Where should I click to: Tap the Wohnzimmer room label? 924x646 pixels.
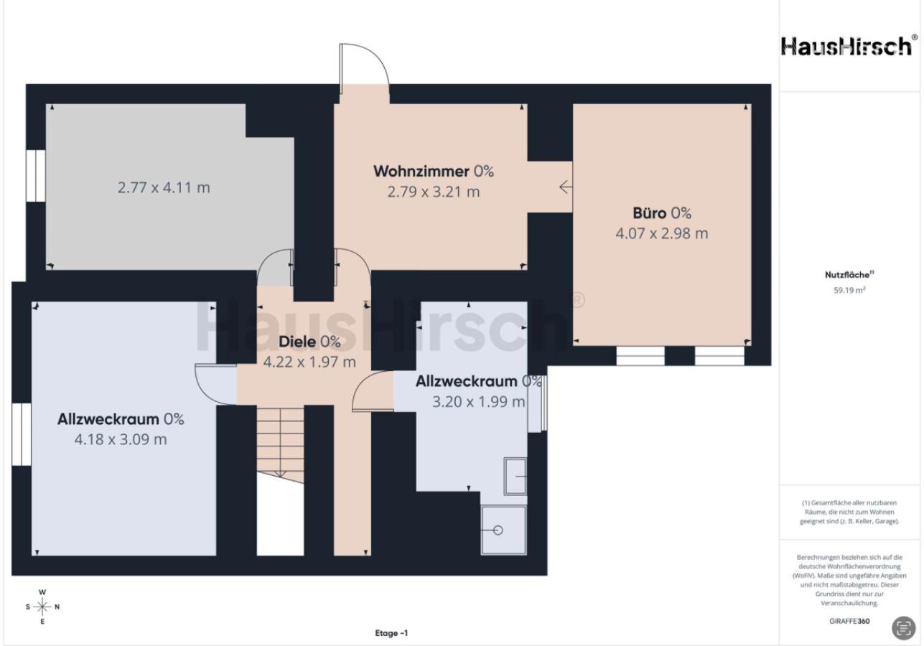421,172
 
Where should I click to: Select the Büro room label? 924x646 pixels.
650,213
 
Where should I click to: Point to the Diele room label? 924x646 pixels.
297,342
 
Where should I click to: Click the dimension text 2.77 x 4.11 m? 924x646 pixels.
164,187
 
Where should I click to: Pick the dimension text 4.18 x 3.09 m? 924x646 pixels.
121,439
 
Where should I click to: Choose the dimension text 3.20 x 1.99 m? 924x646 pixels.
478,401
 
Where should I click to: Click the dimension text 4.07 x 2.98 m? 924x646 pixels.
662,233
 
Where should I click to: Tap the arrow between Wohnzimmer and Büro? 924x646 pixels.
566,187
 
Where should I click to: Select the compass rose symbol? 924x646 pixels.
42,607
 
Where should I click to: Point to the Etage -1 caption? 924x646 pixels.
391,633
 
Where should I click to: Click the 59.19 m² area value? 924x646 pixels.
849,290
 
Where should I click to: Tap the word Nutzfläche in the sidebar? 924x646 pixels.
847,275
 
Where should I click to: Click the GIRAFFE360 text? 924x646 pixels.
849,621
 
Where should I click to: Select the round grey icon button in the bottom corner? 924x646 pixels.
903,628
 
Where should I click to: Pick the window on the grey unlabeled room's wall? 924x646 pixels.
35,176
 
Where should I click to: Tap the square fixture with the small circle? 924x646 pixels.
504,530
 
